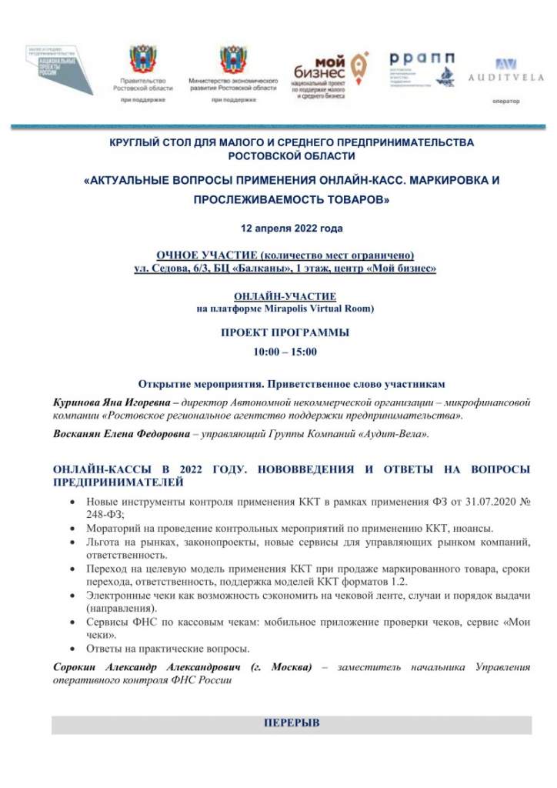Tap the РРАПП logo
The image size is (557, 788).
[x=421, y=68]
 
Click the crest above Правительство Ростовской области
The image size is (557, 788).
[x=142, y=59]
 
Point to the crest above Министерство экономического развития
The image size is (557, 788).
[x=233, y=59]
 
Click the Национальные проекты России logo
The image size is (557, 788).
[x=61, y=68]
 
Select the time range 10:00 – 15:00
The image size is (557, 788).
[x=285, y=352]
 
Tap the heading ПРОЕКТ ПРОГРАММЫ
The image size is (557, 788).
[x=285, y=333]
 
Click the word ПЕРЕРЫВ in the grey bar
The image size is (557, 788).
[x=292, y=724]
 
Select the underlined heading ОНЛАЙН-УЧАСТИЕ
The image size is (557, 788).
[x=285, y=296]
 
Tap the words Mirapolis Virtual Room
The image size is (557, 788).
[x=318, y=309]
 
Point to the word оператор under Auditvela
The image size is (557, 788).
[x=505, y=101]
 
